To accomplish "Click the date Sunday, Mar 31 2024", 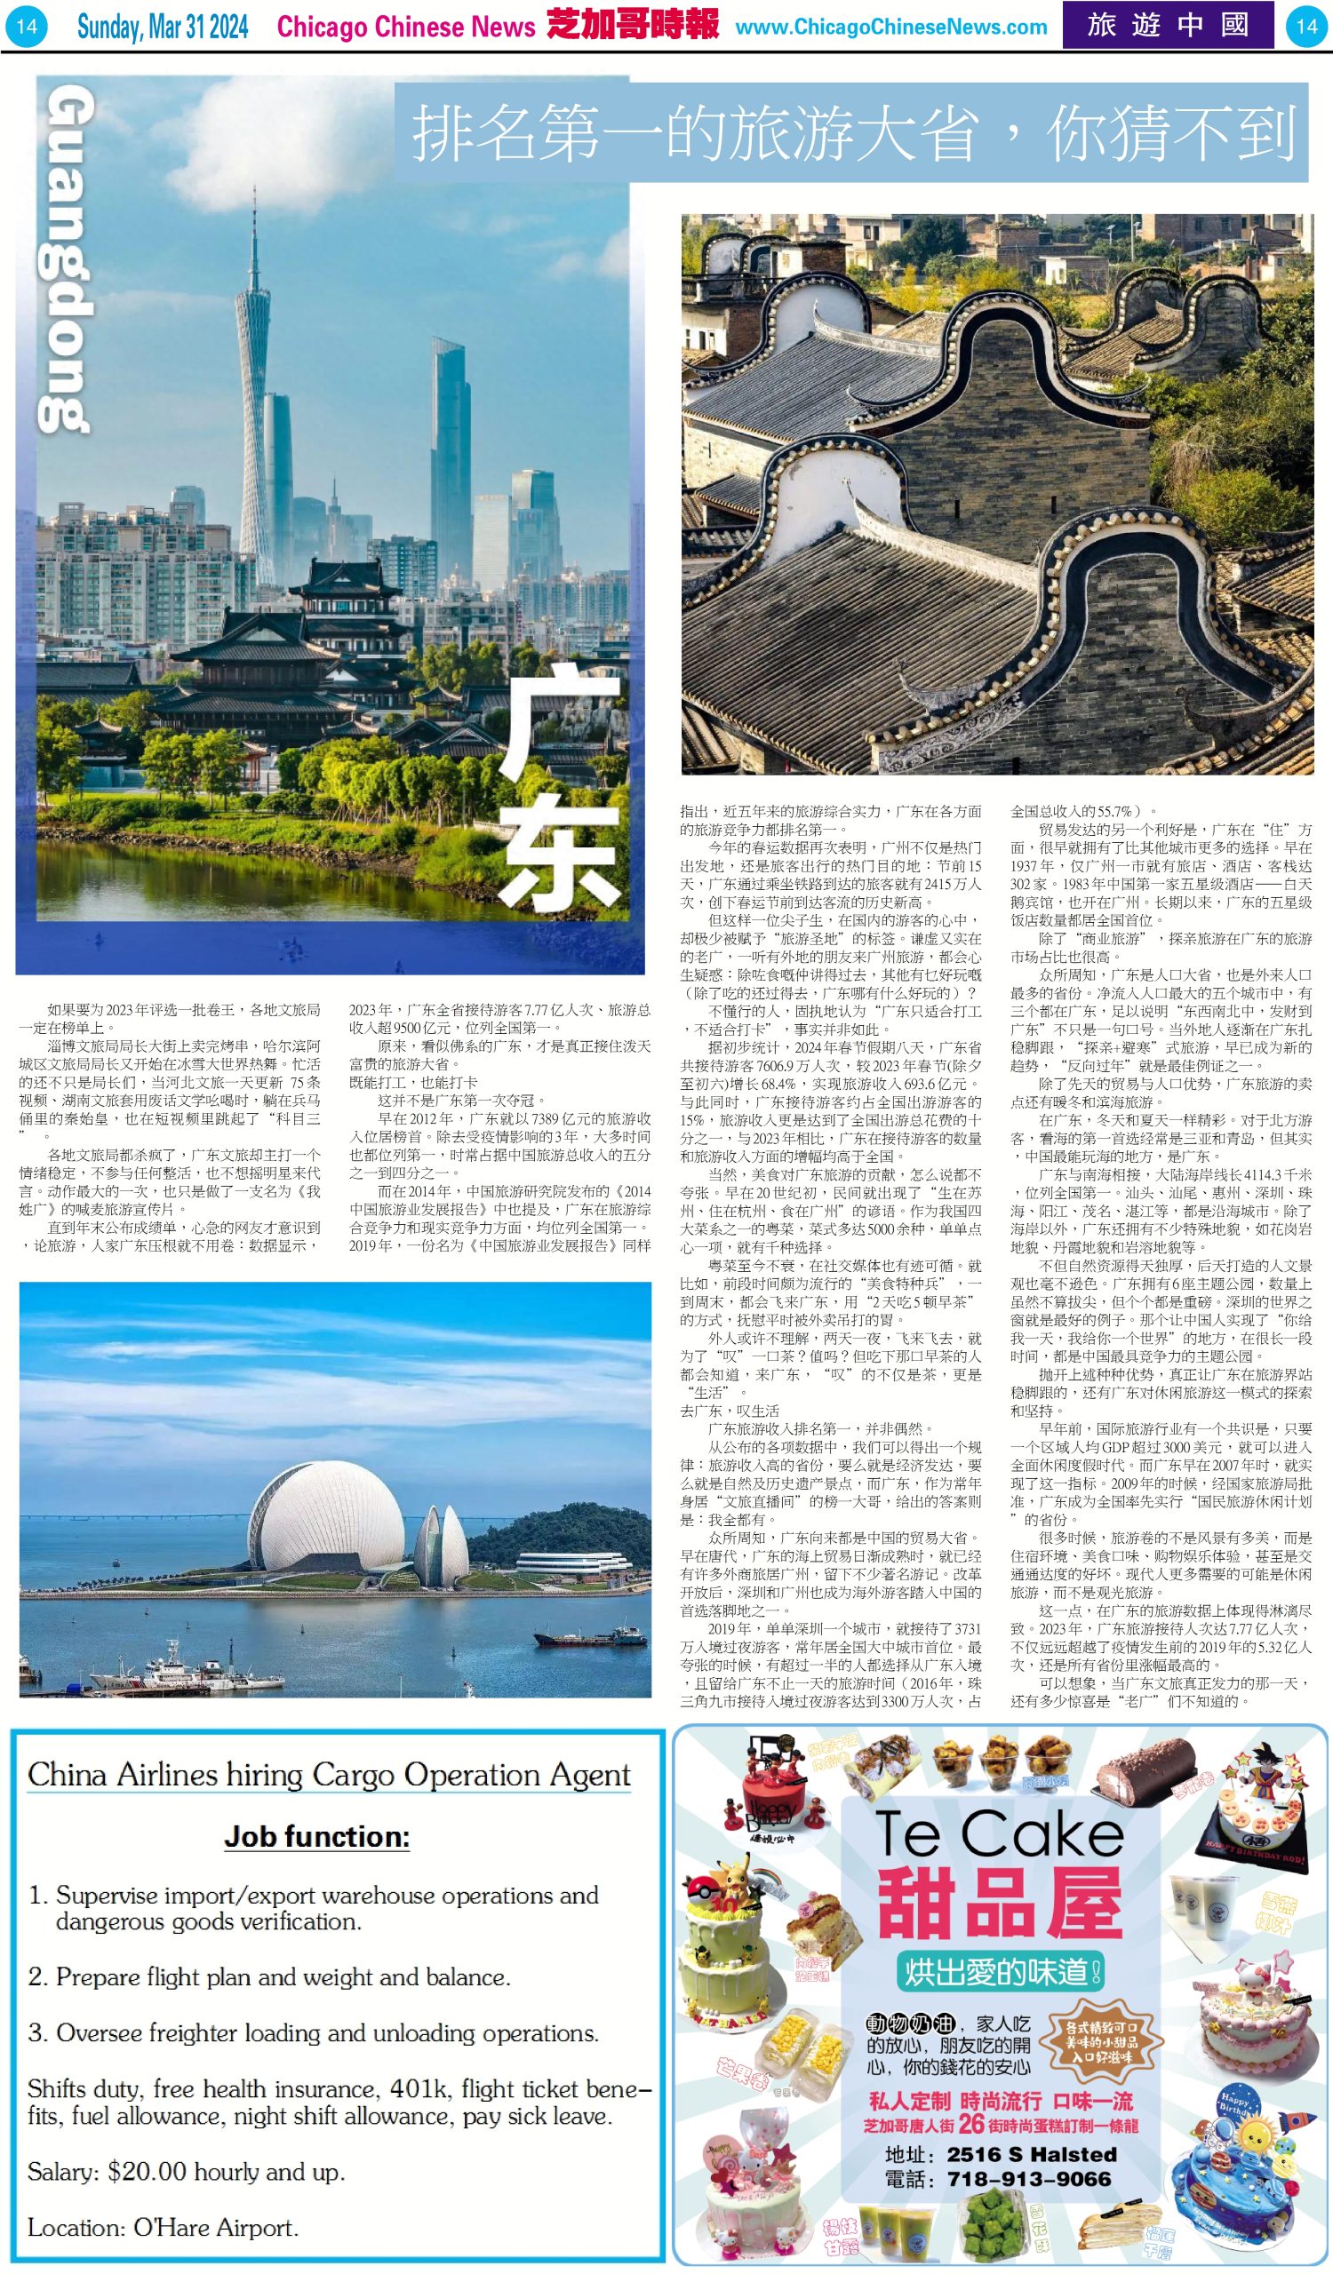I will pyautogui.click(x=163, y=26).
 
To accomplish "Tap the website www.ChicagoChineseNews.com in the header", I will pyautogui.click(x=890, y=27).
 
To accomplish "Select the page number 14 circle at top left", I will pyautogui.click(x=26, y=26).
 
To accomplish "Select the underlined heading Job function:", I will pyautogui.click(x=316, y=1836).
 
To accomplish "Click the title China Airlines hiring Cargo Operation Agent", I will pyautogui.click(x=329, y=1775).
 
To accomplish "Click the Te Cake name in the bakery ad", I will pyautogui.click(x=998, y=1834).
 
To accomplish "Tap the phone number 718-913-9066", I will pyautogui.click(x=1029, y=2179).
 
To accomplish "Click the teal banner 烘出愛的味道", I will pyautogui.click(x=1000, y=1973).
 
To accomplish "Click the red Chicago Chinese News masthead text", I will pyautogui.click(x=406, y=27).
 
